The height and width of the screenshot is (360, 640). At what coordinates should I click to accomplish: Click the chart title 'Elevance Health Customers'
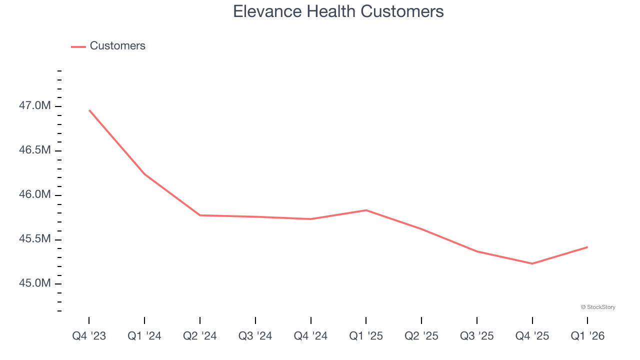point(338,11)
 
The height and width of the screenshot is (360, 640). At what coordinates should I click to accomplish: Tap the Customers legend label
point(117,46)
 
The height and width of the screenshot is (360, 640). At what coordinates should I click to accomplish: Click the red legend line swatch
point(78,46)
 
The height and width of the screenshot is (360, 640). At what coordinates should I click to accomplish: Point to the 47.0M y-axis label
point(35,106)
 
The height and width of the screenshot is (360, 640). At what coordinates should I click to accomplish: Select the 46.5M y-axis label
point(35,150)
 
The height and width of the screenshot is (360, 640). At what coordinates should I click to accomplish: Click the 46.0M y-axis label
point(35,195)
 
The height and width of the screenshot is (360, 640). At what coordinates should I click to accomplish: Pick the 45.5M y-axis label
point(35,239)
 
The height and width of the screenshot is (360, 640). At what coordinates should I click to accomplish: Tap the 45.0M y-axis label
point(35,283)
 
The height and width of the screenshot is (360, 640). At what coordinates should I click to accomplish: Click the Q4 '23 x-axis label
point(89,336)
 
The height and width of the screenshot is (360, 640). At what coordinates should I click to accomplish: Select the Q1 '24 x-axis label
point(144,336)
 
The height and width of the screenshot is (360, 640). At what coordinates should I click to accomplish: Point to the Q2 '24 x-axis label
point(200,336)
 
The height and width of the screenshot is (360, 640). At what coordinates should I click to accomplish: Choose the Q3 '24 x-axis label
point(255,336)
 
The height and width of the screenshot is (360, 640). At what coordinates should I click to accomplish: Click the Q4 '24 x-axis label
point(310,336)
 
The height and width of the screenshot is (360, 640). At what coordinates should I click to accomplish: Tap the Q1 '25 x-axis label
point(366,336)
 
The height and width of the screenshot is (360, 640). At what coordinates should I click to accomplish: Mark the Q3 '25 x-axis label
point(476,336)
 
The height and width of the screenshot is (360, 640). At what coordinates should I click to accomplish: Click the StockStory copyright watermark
point(598,307)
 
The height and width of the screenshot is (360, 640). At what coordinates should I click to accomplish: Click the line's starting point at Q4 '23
point(89,110)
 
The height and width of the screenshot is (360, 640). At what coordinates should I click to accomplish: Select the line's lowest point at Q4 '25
point(532,263)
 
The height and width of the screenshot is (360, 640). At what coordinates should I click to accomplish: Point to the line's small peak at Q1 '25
point(366,210)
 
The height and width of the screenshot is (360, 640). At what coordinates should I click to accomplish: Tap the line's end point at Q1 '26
point(587,247)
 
